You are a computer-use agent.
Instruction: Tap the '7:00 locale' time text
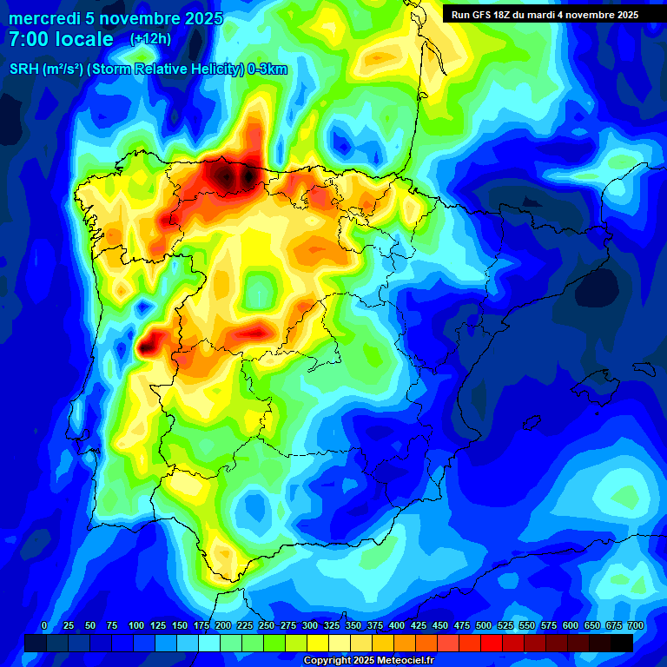click(61, 39)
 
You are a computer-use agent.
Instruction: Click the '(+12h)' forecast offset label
click(150, 39)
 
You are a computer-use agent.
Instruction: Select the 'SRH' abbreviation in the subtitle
click(23, 69)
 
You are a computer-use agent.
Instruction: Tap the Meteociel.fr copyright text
click(368, 660)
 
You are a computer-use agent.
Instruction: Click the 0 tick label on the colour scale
click(44, 625)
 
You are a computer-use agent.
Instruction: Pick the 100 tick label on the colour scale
click(135, 625)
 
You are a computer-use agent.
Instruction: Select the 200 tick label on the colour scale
click(223, 625)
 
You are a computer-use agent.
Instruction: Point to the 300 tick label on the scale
click(310, 625)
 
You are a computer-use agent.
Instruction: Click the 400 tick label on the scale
click(397, 625)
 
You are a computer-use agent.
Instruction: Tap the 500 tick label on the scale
click(484, 625)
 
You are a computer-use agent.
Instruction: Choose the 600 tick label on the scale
click(571, 625)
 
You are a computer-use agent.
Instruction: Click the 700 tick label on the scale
click(635, 625)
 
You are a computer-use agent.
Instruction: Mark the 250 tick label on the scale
click(267, 625)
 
